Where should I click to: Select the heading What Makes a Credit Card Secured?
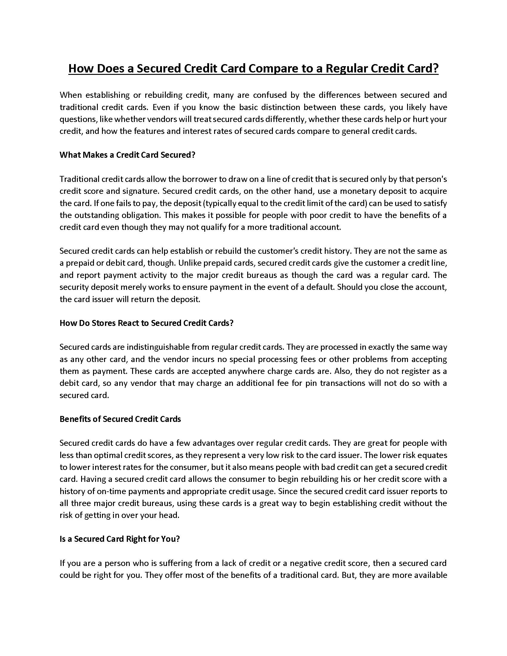127,155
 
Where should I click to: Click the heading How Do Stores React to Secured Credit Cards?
146,323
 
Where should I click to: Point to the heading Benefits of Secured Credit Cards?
120,419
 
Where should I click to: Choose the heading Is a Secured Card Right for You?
120,539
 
